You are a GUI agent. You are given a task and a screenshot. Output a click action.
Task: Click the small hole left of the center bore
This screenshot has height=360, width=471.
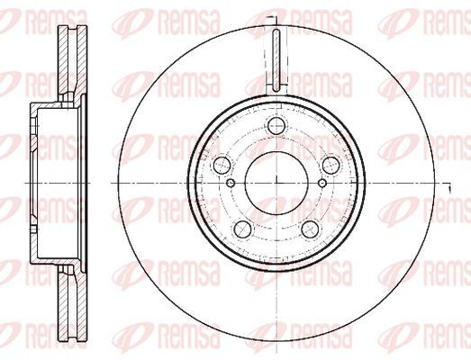coord(231,184)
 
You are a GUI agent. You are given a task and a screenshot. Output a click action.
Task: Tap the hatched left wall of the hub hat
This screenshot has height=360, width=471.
coord(33,184)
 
